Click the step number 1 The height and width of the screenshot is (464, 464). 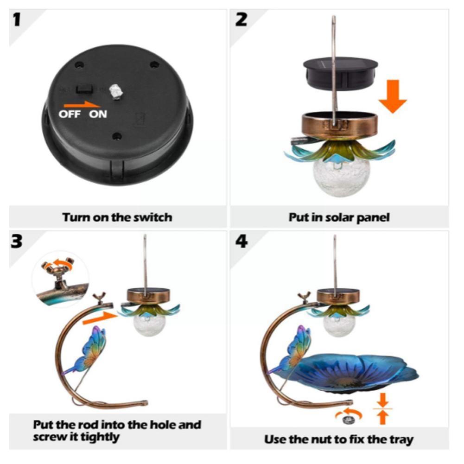[18, 20]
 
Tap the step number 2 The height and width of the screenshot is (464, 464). [242, 20]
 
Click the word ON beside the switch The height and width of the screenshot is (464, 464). [98, 114]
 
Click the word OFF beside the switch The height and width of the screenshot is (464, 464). [70, 114]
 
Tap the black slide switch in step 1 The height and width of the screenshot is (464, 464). [84, 88]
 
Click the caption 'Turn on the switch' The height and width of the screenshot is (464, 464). [117, 217]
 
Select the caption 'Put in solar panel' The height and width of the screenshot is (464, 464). [339, 217]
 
